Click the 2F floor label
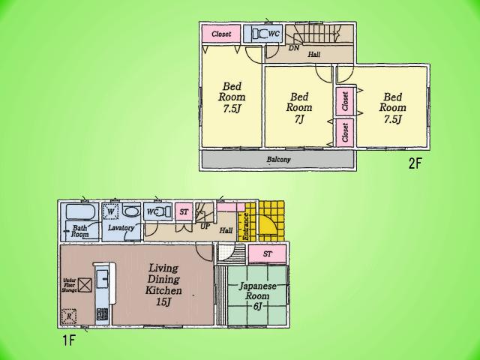[x=415, y=163]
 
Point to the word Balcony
[x=278, y=160]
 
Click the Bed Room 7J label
[x=298, y=107]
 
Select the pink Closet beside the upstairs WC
[x=220, y=34]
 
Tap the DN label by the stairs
[x=293, y=48]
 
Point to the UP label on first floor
[x=204, y=225]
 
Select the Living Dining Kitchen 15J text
[x=163, y=284]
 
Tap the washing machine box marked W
[x=110, y=211]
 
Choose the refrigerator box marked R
[x=70, y=316]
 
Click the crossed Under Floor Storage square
[x=85, y=285]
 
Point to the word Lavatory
[x=120, y=227]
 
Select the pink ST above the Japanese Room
[x=268, y=255]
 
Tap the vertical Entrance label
[x=245, y=226]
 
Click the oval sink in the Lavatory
[x=131, y=211]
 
